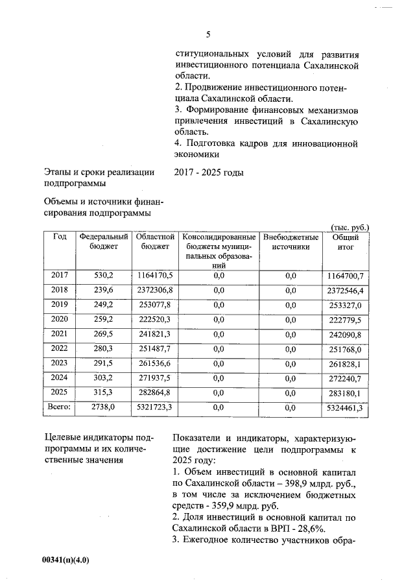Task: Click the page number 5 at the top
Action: [x=208, y=34]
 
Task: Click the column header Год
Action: [x=59, y=237]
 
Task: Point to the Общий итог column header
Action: [x=346, y=242]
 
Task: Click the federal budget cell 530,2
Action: [x=104, y=276]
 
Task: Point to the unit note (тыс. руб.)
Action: [x=350, y=227]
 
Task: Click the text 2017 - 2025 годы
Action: [x=208, y=173]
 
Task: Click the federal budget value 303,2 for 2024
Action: [x=104, y=377]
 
